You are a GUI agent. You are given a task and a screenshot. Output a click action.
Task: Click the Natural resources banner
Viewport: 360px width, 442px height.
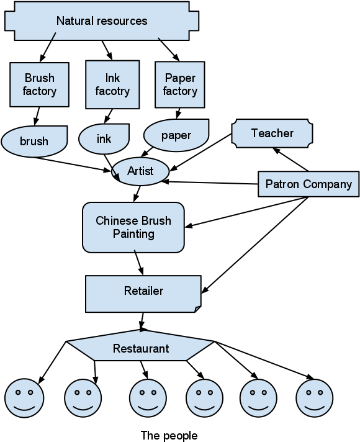102,21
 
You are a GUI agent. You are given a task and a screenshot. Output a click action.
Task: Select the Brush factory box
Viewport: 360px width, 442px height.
39,84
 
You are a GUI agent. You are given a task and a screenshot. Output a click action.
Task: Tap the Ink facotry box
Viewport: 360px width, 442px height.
112,84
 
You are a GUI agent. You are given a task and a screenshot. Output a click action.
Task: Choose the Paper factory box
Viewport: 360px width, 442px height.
180,84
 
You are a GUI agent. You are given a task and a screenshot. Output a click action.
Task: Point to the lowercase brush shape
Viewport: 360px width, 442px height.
34,141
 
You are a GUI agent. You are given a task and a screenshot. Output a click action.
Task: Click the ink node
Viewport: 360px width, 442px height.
104,138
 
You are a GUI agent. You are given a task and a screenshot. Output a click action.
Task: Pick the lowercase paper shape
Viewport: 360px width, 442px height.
176,135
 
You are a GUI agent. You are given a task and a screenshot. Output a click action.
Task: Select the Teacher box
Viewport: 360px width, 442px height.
272,133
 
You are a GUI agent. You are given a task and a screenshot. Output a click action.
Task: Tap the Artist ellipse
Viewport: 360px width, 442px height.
140,171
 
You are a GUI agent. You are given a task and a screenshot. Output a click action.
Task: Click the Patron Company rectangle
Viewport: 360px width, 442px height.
308,184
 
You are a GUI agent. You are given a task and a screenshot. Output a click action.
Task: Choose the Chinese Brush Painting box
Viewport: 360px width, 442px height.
133,227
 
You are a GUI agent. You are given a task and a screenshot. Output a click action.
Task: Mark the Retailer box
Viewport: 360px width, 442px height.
143,291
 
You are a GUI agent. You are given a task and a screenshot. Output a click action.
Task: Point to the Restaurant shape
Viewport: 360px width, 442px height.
140,348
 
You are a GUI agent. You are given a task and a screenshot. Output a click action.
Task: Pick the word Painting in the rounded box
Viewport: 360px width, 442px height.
133,234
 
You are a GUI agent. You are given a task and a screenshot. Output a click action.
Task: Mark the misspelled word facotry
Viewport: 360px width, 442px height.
112,91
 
